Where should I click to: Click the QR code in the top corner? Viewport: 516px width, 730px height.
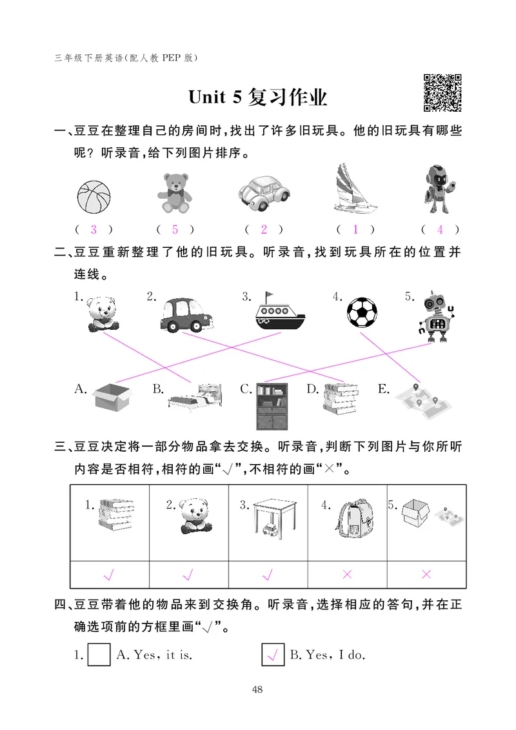442,93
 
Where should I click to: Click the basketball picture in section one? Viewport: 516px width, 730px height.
94,196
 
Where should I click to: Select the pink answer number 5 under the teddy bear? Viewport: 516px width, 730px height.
175,229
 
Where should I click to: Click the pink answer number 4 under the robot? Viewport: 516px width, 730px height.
440,229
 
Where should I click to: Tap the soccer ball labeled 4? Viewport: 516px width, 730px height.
364,313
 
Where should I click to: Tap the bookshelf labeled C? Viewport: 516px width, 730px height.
273,406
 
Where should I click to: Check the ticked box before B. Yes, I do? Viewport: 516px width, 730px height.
273,655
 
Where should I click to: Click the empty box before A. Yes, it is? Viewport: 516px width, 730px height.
99,655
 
